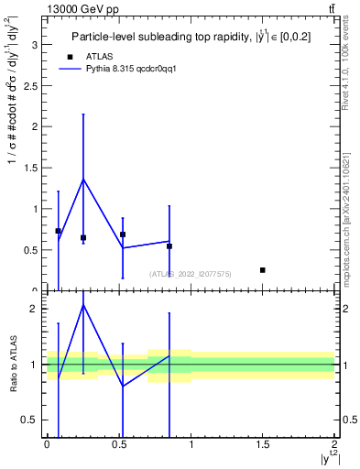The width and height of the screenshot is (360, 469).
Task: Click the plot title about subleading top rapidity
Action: tap(196, 37)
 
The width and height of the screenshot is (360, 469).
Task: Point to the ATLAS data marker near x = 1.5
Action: tap(263, 270)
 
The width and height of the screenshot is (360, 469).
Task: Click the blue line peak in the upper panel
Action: tap(83, 180)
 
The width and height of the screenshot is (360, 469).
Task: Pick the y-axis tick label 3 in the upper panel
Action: tap(34, 44)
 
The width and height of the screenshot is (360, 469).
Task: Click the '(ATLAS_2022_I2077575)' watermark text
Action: tap(191, 274)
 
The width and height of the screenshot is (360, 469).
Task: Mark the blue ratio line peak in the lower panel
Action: tap(83, 304)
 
